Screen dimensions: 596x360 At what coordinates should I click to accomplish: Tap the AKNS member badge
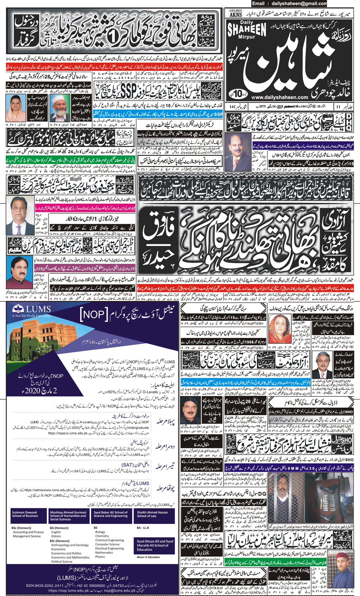[236, 13]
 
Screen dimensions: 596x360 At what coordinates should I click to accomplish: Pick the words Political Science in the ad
[62, 561]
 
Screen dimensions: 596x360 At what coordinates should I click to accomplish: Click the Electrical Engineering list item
[109, 548]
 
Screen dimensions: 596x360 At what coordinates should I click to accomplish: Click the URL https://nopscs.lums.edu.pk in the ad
[68, 433]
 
